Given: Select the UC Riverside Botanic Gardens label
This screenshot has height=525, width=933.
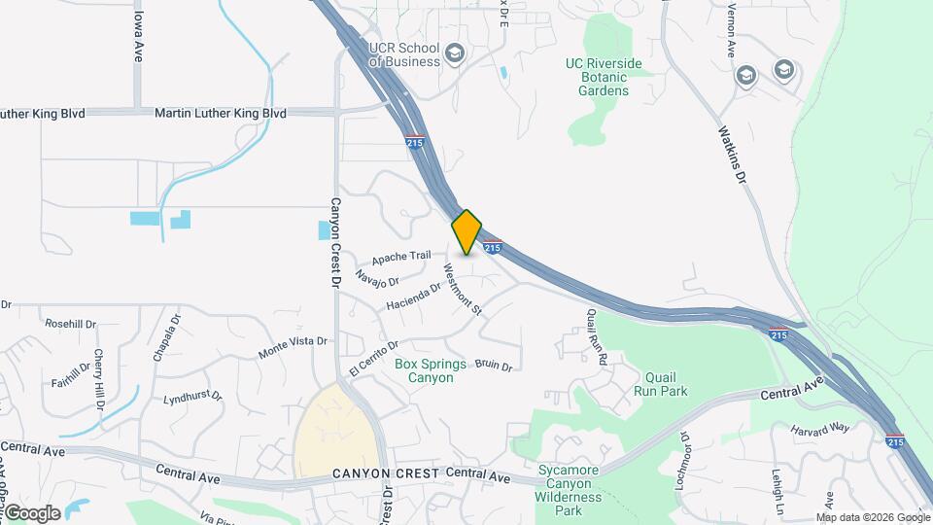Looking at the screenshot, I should (604, 77).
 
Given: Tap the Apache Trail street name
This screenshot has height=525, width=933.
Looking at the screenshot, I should (400, 257).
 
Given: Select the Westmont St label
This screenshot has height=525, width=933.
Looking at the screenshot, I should (463, 289).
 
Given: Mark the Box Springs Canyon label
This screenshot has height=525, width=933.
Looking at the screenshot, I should (425, 370).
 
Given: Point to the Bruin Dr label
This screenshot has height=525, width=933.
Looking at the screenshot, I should (494, 366).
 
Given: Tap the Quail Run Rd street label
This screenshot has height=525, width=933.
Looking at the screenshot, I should (597, 336).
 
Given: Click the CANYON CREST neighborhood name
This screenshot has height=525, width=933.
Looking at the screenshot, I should (386, 473).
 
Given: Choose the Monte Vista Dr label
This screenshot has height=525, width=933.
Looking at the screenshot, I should (293, 348).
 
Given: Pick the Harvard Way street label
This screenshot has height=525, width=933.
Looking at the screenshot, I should (819, 429).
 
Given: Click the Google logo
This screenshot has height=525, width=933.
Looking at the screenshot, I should (31, 513).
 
